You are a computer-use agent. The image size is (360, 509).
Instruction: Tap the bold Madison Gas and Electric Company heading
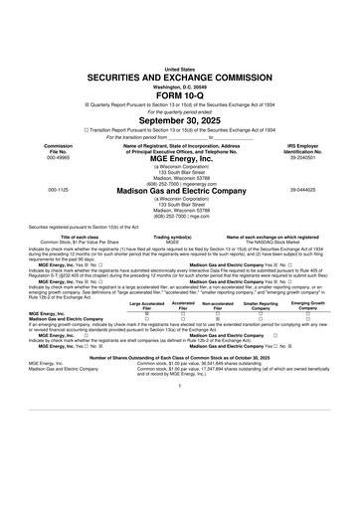180,189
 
